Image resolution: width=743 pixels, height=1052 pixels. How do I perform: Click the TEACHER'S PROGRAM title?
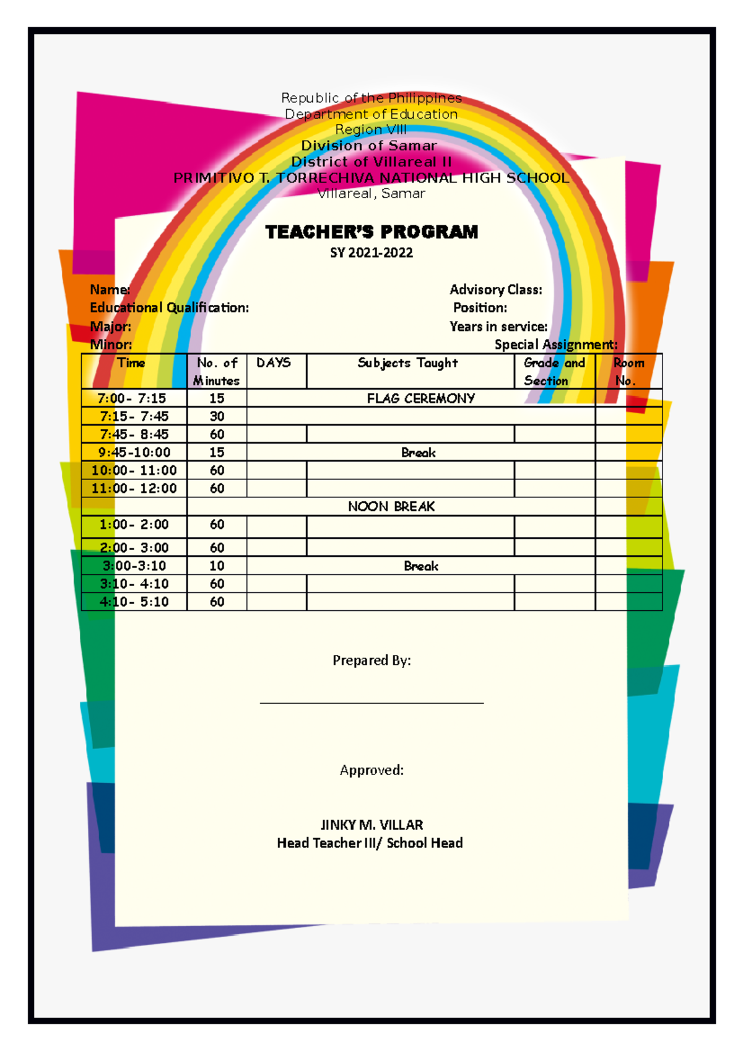tap(371, 232)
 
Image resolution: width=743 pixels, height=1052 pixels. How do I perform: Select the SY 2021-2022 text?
tap(371, 253)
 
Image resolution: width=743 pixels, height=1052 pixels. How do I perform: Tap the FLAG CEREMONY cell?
tap(420, 398)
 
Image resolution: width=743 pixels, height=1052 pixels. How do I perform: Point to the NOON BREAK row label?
tap(391, 507)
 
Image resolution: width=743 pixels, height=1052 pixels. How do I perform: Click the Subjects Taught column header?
tap(408, 363)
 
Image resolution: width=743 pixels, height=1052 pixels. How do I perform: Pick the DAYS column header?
tap(274, 363)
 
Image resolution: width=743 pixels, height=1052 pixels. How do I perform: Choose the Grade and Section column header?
tap(554, 372)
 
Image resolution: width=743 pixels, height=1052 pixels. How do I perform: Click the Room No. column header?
tap(628, 372)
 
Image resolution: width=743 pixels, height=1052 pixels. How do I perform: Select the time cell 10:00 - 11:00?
tap(134, 470)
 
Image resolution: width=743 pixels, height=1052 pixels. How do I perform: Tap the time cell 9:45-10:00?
tap(134, 452)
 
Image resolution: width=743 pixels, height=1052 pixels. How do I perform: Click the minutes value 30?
tap(217, 416)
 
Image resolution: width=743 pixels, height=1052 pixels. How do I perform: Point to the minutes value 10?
tap(217, 566)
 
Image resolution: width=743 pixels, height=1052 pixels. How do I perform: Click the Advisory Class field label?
tap(496, 290)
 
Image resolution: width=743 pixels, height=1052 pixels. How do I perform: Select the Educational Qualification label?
tap(169, 308)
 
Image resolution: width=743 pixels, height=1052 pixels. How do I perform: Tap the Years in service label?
tap(498, 327)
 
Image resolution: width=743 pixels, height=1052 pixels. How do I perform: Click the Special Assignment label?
tap(555, 344)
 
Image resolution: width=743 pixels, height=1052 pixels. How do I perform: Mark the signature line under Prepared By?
tap(371, 703)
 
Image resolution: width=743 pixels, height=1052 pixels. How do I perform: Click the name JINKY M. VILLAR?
tap(371, 825)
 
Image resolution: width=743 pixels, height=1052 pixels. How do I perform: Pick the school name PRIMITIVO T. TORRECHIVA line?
tap(371, 178)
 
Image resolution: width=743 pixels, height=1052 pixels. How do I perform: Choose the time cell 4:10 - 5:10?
tap(134, 602)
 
